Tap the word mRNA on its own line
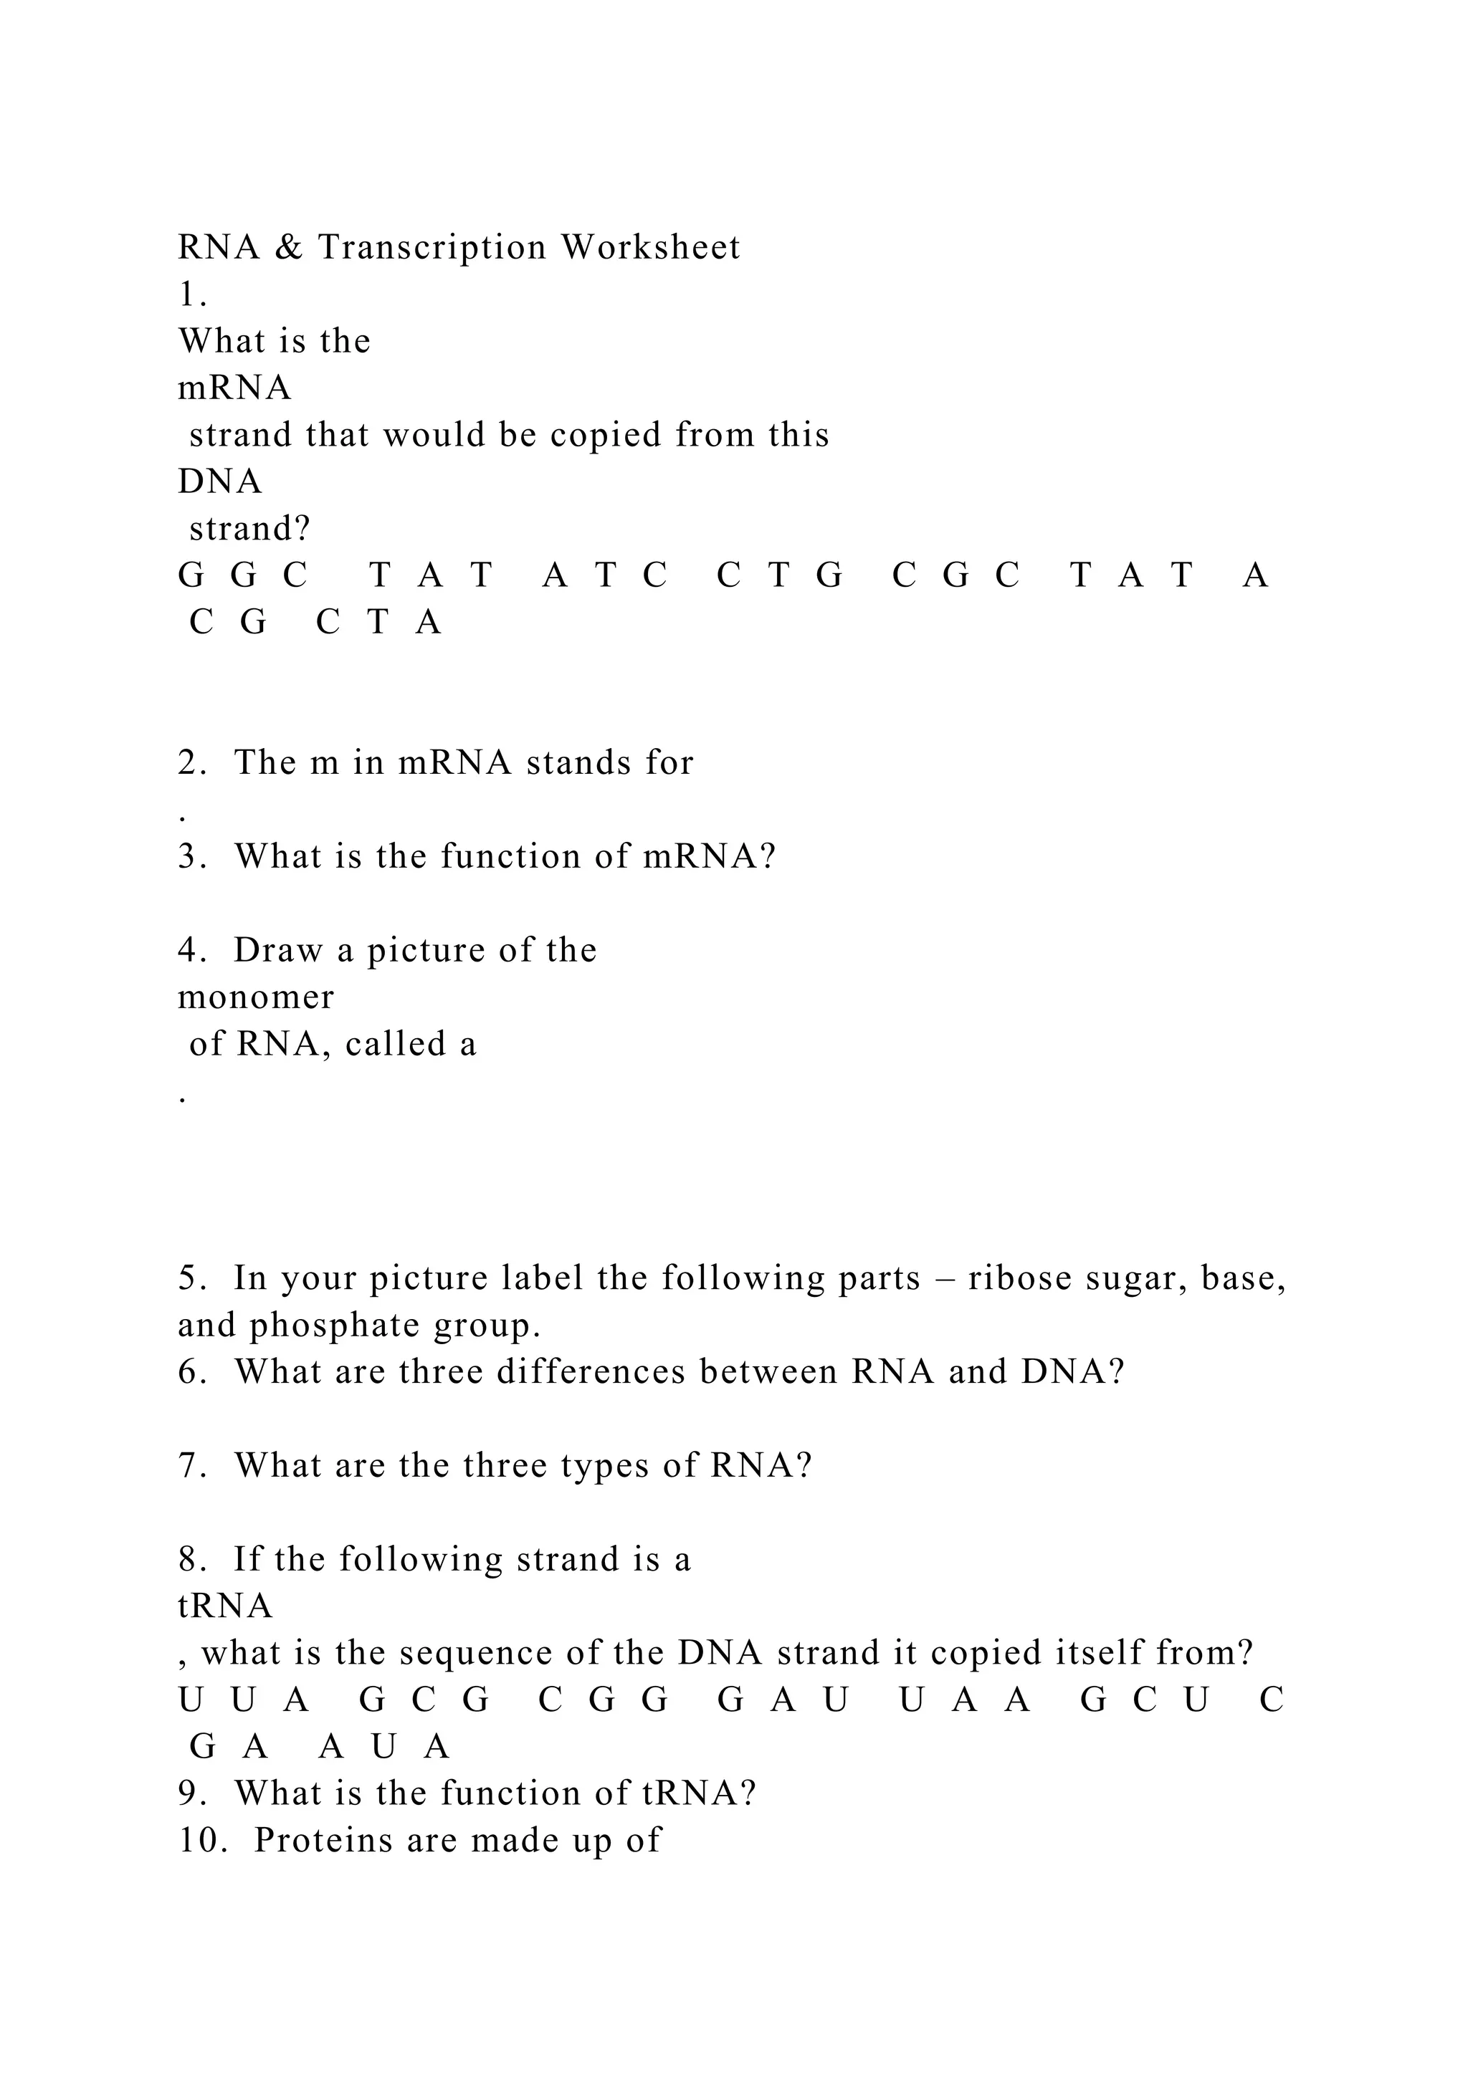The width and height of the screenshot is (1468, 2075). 234,388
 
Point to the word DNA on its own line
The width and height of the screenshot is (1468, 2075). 219,481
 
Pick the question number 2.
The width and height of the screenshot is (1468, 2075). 191,763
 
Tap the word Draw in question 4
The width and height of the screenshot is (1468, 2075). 277,951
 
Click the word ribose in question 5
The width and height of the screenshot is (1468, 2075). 1019,1279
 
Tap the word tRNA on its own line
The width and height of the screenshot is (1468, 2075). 225,1606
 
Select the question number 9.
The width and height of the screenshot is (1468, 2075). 191,1793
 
